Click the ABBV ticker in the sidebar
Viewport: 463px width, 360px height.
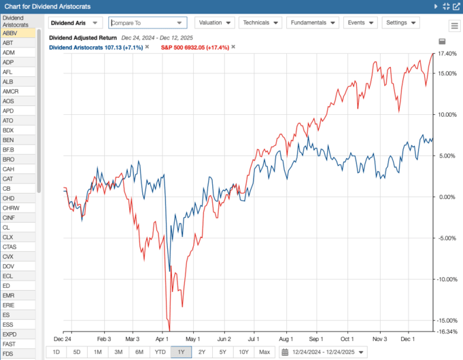[x=10, y=33]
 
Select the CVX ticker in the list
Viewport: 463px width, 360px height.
[x=9, y=257]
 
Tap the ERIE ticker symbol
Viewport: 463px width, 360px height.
[x=10, y=306]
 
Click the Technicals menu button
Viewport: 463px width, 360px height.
[x=259, y=22]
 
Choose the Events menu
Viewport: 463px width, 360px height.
[x=361, y=22]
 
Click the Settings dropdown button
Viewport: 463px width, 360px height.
[x=400, y=22]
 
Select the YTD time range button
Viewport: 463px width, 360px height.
[x=160, y=352]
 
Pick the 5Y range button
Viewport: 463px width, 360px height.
[x=223, y=352]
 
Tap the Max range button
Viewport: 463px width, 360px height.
[x=264, y=352]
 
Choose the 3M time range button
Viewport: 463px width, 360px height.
[x=118, y=352]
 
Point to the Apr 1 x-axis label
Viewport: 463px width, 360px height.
[x=162, y=338]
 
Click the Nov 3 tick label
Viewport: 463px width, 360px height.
[x=379, y=338]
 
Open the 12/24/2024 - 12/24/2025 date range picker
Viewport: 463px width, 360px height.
[x=323, y=352]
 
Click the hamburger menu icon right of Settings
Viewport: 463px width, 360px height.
[x=454, y=26]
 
